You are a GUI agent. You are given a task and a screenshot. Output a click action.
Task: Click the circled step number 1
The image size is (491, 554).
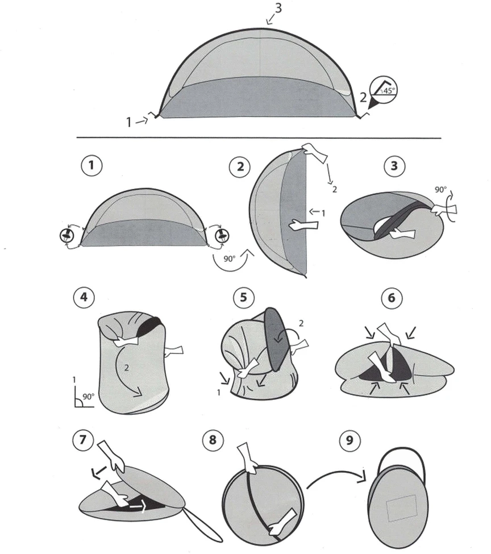tap(92, 165)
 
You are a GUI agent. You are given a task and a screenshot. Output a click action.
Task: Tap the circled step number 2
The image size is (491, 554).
tap(240, 166)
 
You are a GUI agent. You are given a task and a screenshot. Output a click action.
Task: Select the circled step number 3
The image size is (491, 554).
tap(394, 166)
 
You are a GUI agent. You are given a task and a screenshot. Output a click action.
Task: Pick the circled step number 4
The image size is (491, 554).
tap(84, 297)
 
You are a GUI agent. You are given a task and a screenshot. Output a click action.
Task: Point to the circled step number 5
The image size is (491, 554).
tap(244, 297)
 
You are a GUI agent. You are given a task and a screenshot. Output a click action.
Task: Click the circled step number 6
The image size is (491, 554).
tap(392, 298)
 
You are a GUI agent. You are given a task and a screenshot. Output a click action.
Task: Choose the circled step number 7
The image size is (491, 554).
tap(83, 440)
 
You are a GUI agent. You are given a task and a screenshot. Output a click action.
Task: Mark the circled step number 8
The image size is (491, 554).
tap(213, 440)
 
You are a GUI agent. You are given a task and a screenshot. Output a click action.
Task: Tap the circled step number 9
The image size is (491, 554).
tap(349, 440)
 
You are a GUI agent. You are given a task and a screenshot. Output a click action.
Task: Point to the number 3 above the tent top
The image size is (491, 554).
tap(278, 8)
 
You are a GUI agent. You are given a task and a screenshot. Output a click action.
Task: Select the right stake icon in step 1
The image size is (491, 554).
tap(222, 235)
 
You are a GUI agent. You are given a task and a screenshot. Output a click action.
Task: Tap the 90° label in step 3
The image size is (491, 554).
tap(440, 190)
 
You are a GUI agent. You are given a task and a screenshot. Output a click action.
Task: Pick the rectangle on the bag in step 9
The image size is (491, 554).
tap(401, 508)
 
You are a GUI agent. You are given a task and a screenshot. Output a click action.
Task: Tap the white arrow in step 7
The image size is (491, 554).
tap(138, 507)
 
